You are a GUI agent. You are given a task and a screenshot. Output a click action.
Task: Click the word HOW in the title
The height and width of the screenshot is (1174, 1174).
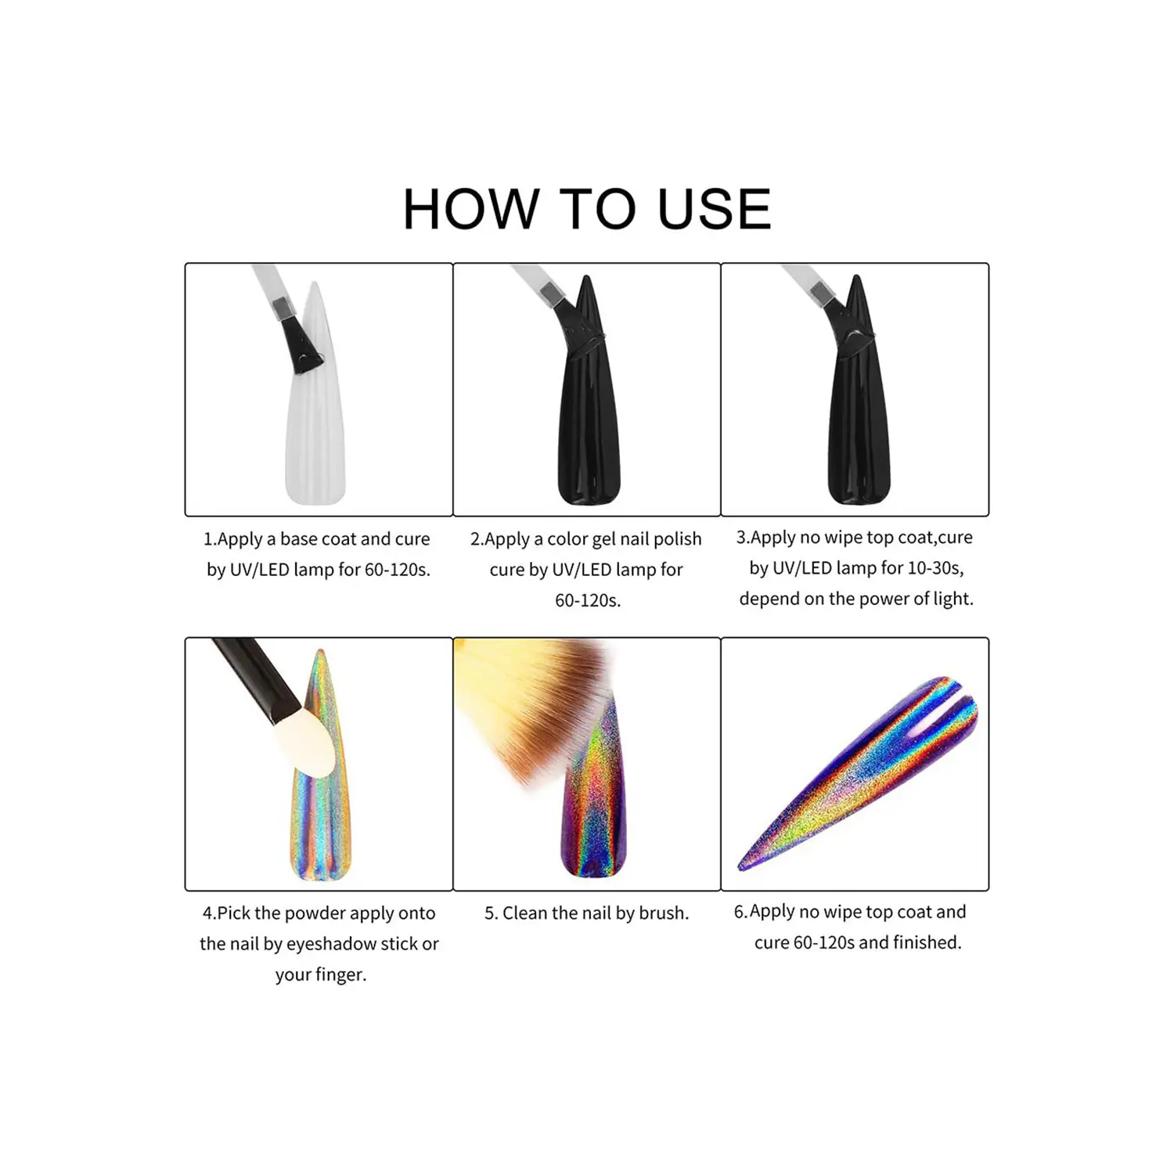(471, 209)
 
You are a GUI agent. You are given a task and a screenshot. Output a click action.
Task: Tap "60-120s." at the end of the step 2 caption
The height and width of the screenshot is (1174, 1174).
(588, 601)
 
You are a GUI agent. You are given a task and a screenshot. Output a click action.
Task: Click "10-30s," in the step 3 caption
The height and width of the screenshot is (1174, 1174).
(935, 568)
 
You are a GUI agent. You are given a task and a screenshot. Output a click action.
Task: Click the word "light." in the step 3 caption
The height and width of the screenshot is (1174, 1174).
(954, 600)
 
